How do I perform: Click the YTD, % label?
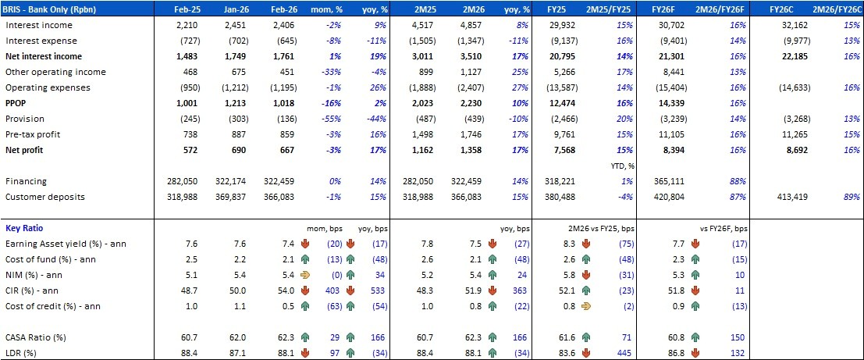click(x=620, y=166)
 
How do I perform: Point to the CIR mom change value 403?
click(x=331, y=290)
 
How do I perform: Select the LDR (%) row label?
click(x=25, y=353)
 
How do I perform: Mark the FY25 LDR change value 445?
click(x=622, y=353)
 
